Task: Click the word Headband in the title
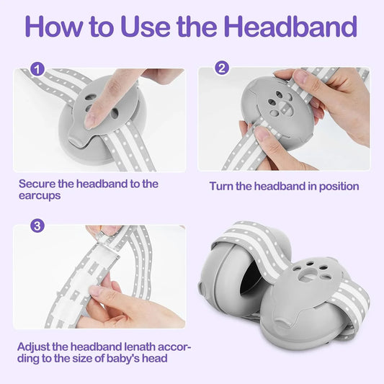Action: pos(290,26)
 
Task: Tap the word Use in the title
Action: pos(146,27)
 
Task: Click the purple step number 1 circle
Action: pos(37,69)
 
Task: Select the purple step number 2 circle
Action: pos(222,68)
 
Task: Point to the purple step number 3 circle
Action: pos(37,226)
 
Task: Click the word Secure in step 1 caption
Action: pos(37,184)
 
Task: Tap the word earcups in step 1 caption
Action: pos(40,196)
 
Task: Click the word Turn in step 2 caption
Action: pos(221,186)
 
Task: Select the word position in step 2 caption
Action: pos(339,187)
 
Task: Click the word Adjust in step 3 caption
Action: pos(33,347)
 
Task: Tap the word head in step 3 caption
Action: pos(155,359)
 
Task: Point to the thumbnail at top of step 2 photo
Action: pos(302,75)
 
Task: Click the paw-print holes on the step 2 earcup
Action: pos(280,103)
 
